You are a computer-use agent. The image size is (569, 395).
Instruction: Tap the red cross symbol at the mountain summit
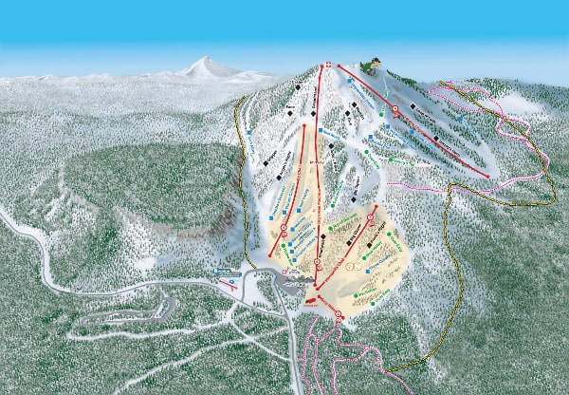[328, 65]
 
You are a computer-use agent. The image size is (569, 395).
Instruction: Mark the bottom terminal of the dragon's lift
[489, 176]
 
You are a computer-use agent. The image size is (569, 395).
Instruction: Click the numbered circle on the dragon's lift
[395, 110]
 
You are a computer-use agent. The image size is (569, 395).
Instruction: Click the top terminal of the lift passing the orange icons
[377, 206]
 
